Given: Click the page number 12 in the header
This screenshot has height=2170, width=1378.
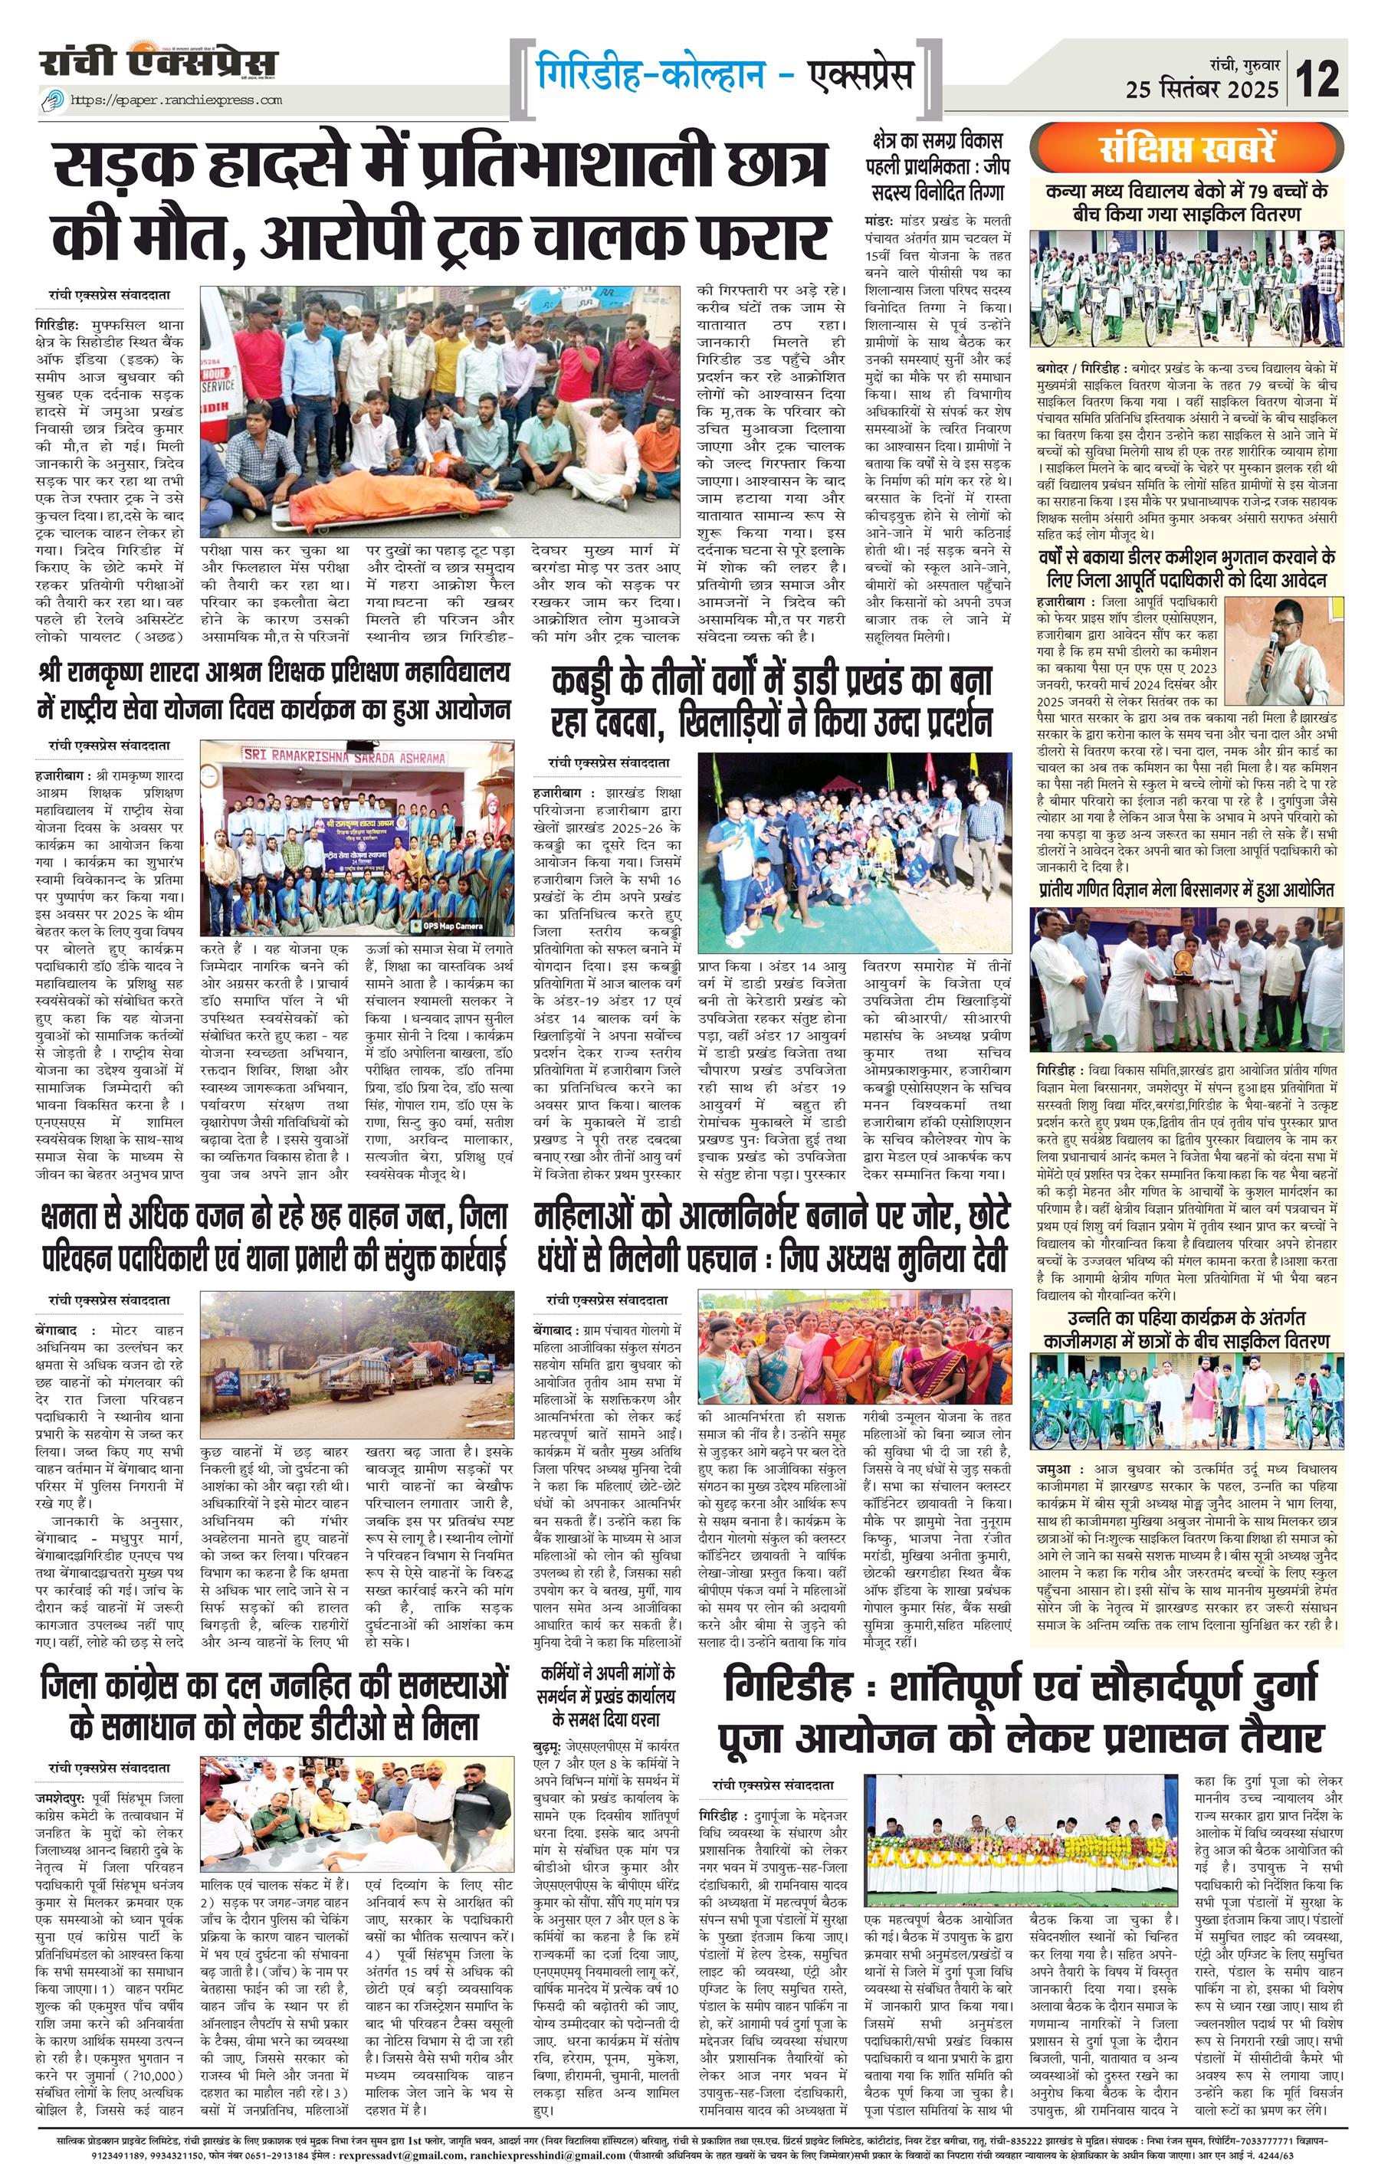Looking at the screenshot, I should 1317,77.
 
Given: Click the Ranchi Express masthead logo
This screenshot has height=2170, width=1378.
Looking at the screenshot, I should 158,63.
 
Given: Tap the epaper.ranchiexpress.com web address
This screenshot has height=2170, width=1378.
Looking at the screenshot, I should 175,100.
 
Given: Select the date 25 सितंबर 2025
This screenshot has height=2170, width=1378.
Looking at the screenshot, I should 1202,89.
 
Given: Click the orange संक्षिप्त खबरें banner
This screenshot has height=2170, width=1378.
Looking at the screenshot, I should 1188,149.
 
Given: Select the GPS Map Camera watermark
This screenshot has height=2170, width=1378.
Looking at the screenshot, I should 447,926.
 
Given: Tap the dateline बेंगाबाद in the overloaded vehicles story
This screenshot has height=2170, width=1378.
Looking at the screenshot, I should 57,1330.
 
